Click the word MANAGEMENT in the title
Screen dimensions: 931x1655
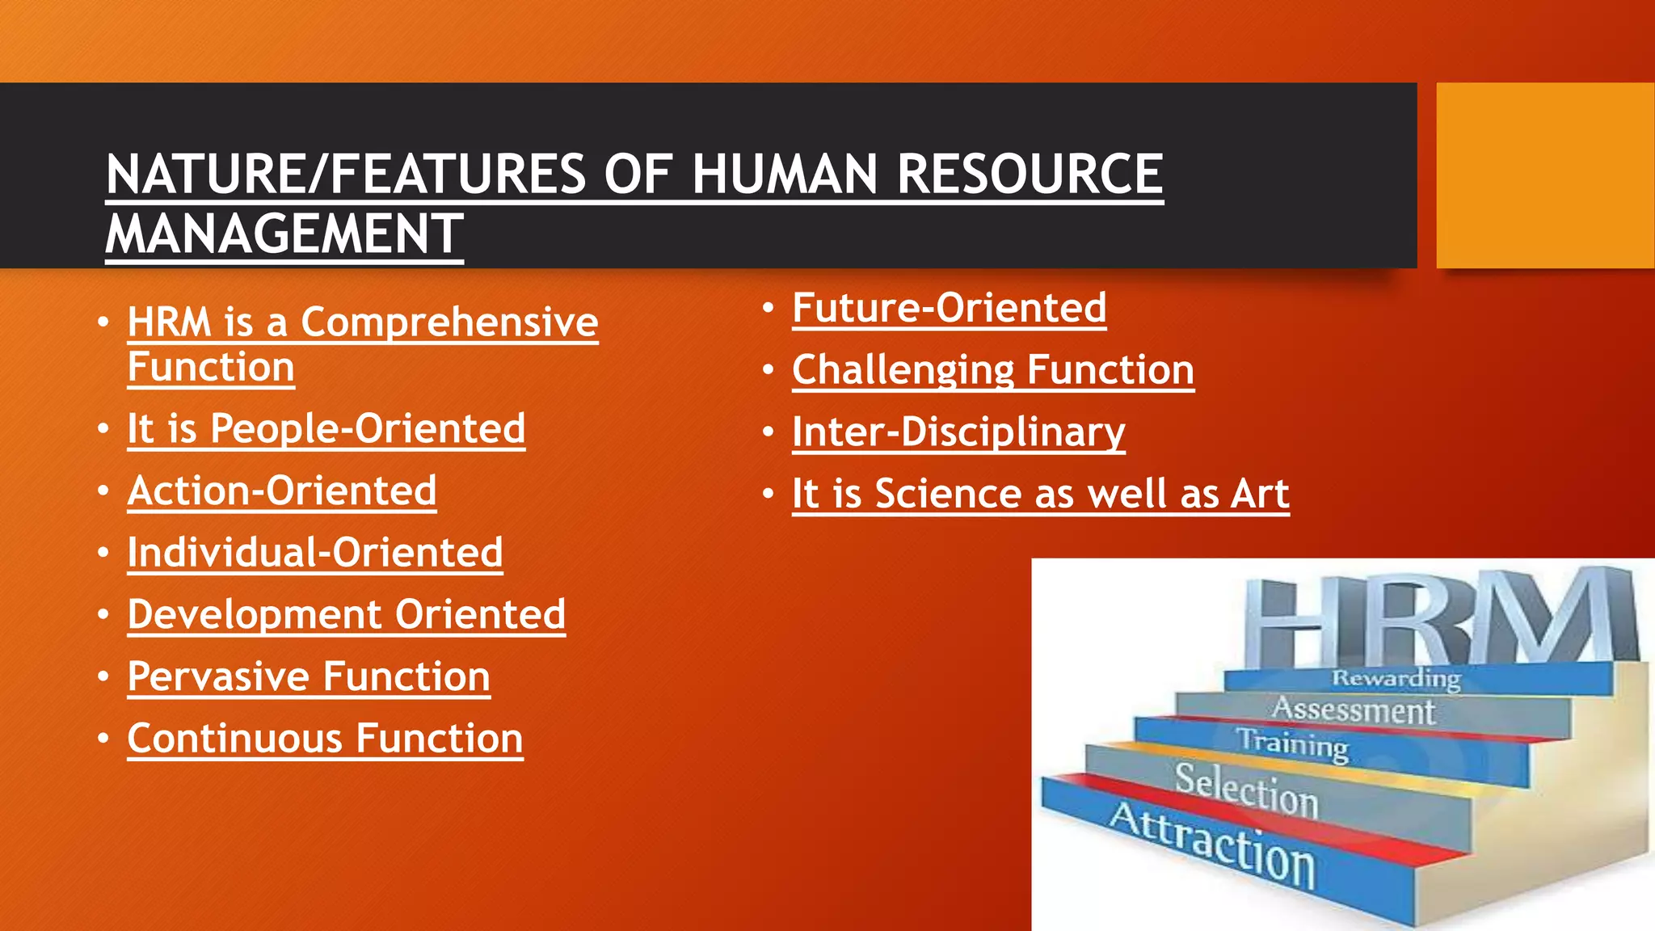[x=284, y=234]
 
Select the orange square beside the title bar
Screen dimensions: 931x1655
[x=1544, y=175]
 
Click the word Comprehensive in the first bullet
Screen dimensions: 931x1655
[x=449, y=322]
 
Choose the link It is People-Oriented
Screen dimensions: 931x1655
[x=326, y=428]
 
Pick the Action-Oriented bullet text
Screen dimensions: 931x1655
[x=282, y=491]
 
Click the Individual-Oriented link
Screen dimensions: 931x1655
[x=315, y=553]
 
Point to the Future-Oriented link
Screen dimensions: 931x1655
[x=949, y=308]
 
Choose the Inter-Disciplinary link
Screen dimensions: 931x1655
[x=958, y=432]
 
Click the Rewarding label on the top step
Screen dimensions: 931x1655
[x=1396, y=678]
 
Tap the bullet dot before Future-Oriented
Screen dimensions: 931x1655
[x=769, y=308]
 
